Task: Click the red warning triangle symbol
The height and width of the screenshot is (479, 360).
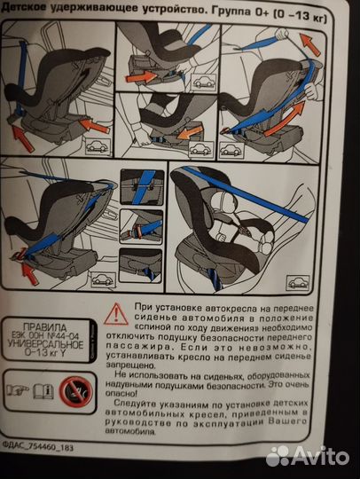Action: coord(116,314)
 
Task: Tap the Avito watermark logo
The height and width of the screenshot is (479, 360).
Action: coord(307,457)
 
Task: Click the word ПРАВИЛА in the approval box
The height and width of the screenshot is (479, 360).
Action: coord(45,328)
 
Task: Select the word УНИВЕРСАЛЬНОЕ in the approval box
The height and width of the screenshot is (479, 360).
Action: coord(45,344)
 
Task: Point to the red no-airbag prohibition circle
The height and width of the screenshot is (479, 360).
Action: coord(75,392)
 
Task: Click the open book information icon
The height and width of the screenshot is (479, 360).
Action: coord(43,391)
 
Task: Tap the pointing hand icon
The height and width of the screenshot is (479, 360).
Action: coord(18,389)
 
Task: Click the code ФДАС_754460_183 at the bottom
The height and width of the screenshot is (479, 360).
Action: coord(37,448)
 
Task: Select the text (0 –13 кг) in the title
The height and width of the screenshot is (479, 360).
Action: coord(301,15)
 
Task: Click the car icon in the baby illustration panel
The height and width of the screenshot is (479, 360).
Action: coord(297,283)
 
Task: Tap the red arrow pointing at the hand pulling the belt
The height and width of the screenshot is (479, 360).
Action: coord(309,44)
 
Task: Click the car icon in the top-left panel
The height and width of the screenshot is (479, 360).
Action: coord(98,146)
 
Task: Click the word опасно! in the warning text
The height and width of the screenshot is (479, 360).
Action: coord(121,394)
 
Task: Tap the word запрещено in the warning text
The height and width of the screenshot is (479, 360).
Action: coord(129,365)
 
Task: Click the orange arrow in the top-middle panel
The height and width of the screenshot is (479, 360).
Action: coord(141,76)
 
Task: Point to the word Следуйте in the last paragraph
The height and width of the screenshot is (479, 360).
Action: coord(135,404)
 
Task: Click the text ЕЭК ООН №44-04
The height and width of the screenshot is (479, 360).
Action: coord(46,336)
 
